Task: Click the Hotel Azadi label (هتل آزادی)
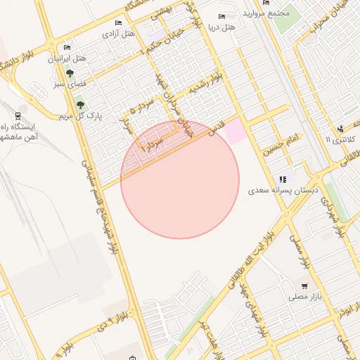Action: [119, 33]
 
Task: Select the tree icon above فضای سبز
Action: [70, 72]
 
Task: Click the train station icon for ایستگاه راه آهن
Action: [17, 116]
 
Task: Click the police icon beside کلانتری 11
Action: [340, 129]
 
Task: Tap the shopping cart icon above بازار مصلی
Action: [304, 286]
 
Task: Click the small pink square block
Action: [236, 130]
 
